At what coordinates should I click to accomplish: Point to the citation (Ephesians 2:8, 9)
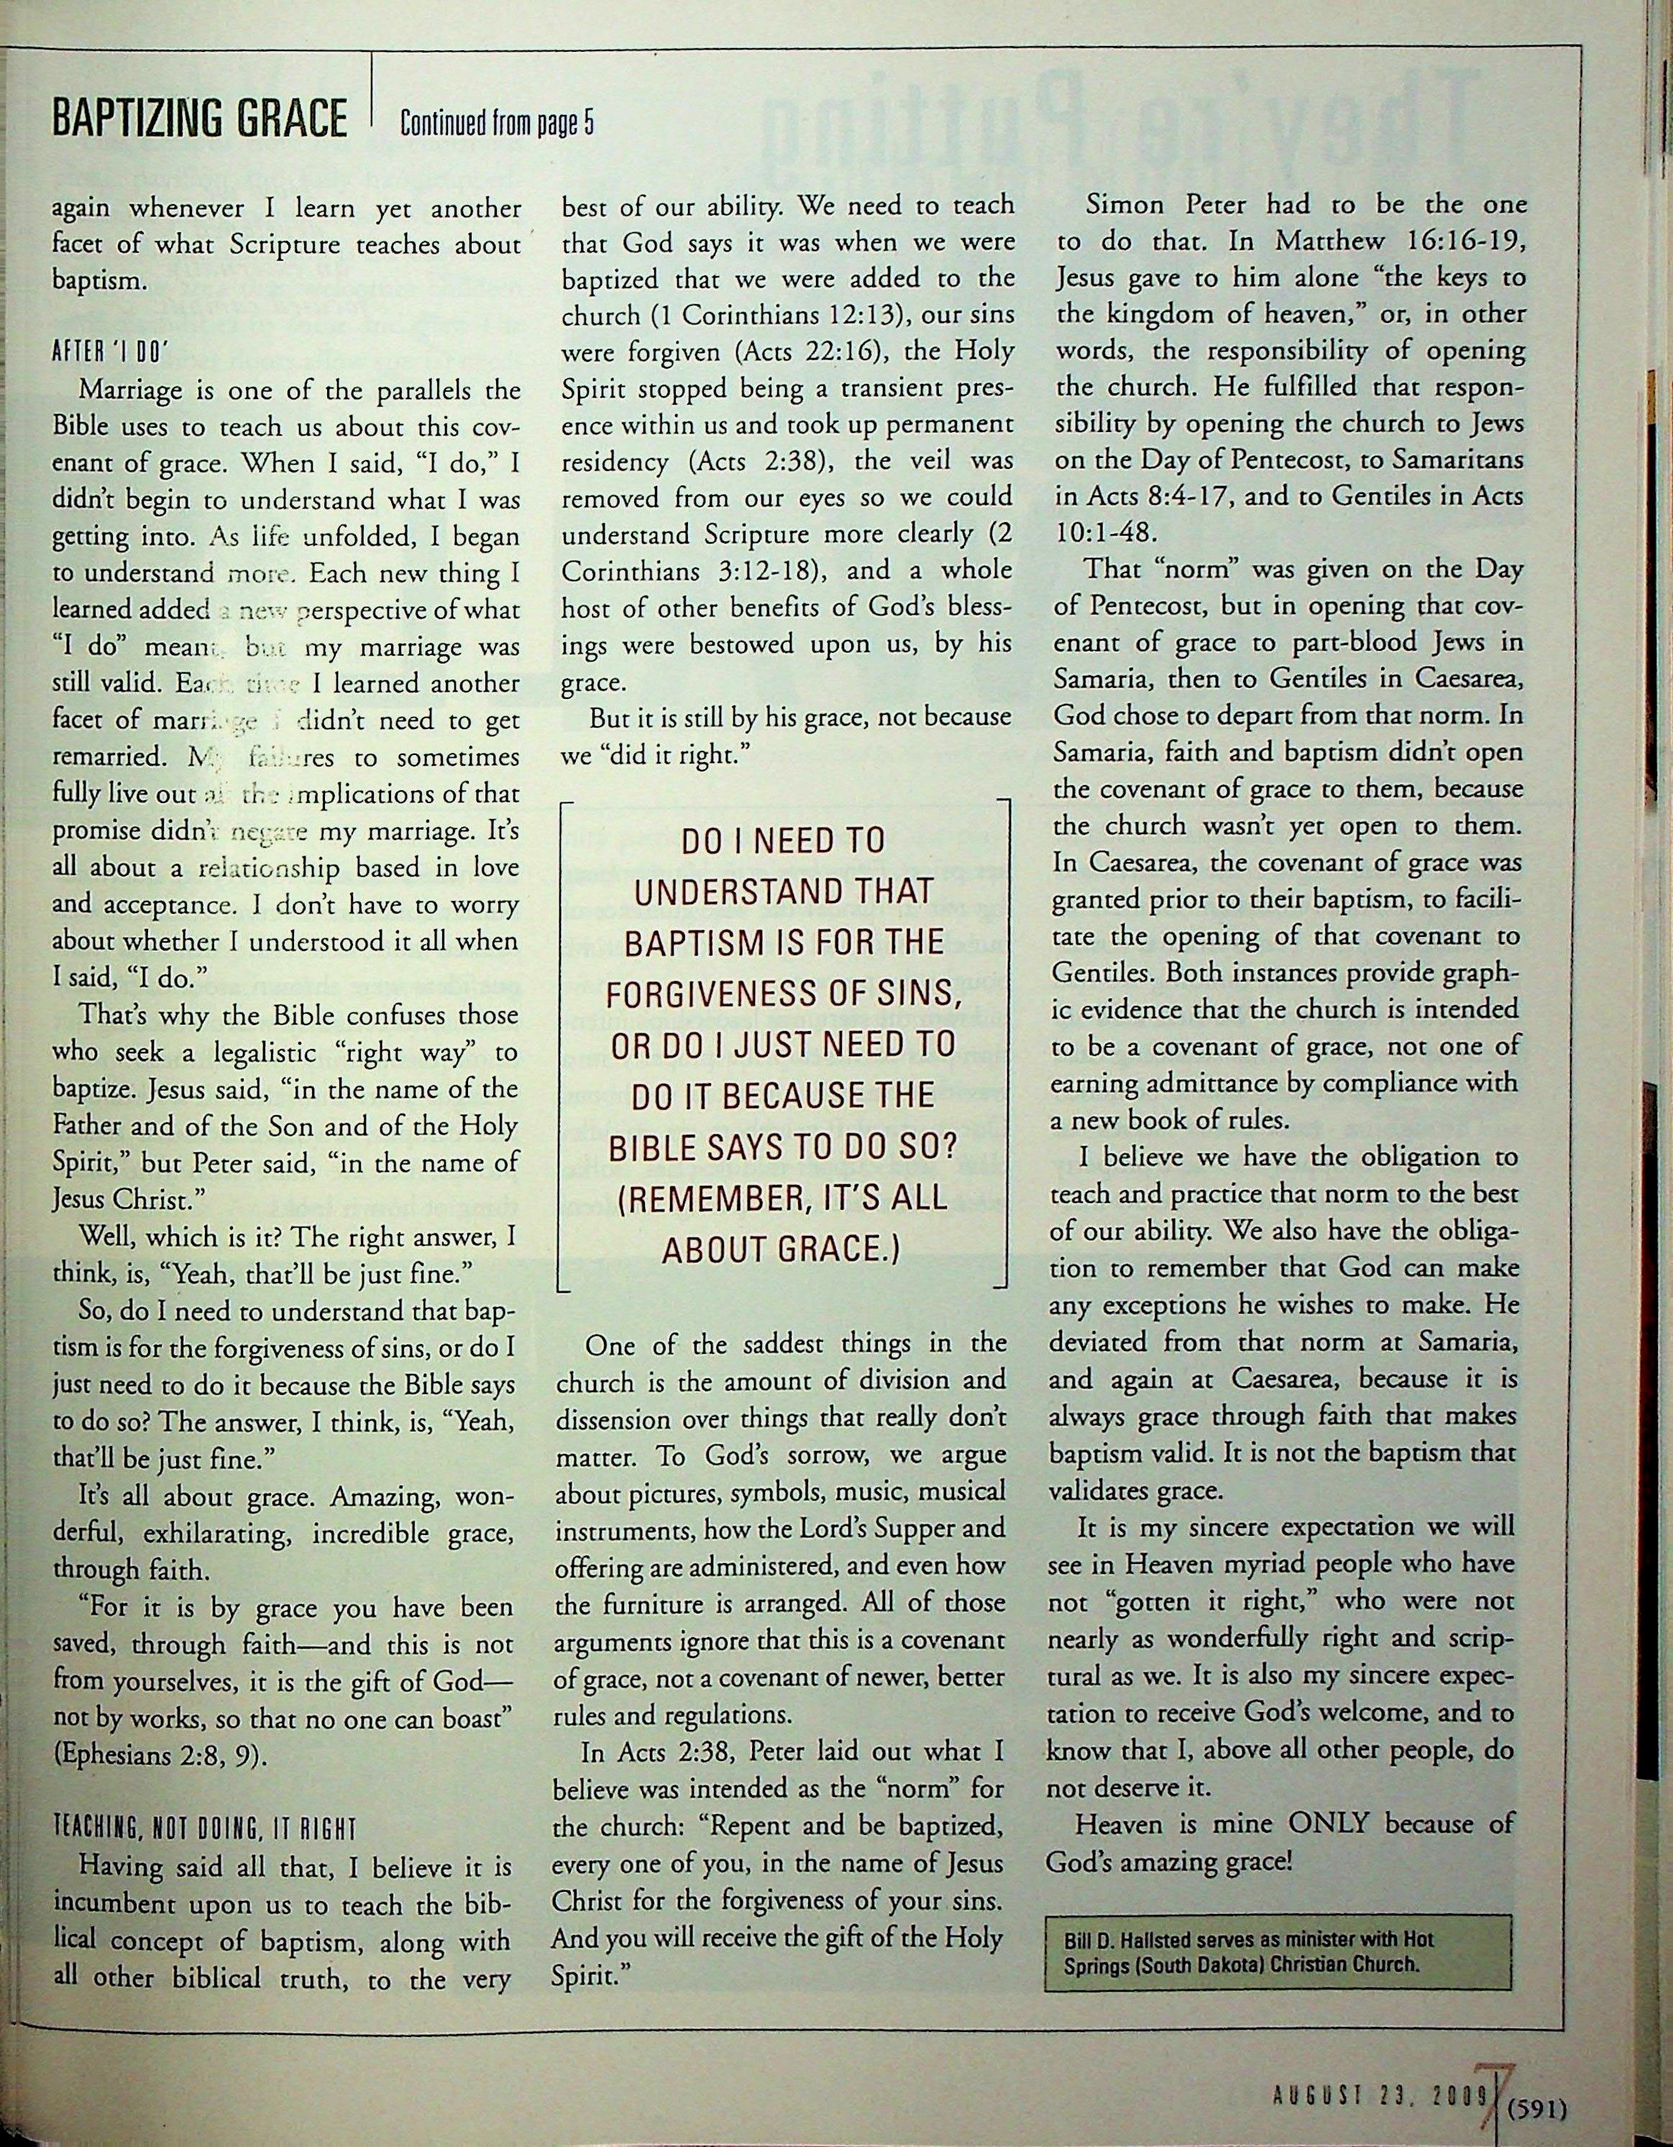click(x=159, y=1756)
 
